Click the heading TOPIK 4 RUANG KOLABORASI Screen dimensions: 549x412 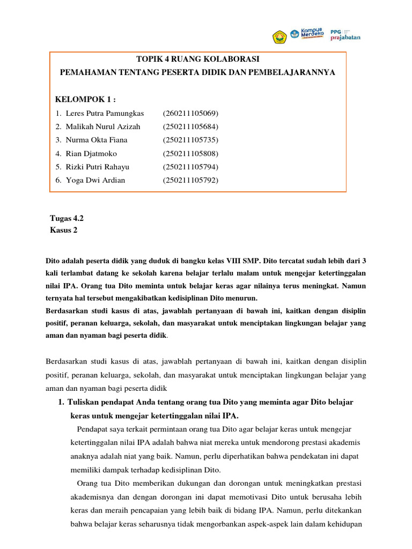click(197, 59)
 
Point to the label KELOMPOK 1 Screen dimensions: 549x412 click(85, 99)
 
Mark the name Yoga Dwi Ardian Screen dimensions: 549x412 click(95, 180)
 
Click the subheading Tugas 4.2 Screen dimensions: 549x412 click(67, 218)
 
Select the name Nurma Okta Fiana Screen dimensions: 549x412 click(97, 140)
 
